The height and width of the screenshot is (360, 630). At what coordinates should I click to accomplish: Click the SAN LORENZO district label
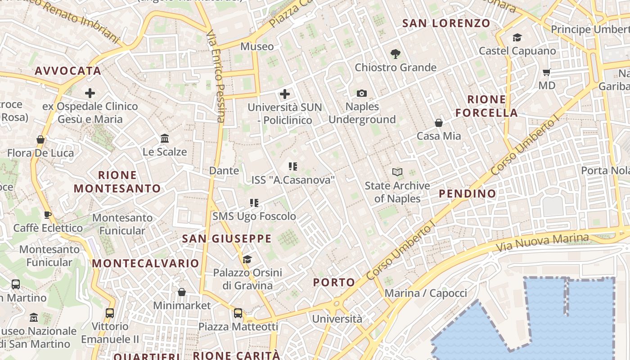tap(446, 23)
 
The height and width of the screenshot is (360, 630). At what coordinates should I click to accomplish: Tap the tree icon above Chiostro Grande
tap(396, 54)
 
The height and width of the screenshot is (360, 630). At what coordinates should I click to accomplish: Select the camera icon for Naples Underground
tap(361, 94)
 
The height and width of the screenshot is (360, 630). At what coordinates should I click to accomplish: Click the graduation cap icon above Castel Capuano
tap(517, 37)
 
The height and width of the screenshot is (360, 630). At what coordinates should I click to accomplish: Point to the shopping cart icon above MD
tap(547, 72)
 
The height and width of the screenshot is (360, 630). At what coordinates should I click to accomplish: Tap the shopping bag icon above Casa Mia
tap(438, 122)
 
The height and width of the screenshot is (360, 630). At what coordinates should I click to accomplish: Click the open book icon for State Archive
tap(397, 172)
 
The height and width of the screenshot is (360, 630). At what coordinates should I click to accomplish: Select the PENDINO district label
tap(467, 194)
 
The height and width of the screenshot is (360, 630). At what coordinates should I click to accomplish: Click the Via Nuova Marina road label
tap(542, 243)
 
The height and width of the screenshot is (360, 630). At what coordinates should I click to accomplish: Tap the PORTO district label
tap(334, 283)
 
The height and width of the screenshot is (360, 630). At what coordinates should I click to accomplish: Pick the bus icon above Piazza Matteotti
tap(238, 313)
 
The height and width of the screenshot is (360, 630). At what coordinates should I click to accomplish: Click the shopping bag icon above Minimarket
tap(182, 292)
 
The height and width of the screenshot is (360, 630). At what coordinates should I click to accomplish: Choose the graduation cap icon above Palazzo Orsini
tap(247, 259)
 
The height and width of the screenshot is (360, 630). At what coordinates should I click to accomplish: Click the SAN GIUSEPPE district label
tap(227, 239)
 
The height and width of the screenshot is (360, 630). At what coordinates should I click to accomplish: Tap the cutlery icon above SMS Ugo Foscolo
tap(254, 203)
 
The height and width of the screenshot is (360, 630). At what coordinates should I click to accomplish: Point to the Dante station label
tap(224, 171)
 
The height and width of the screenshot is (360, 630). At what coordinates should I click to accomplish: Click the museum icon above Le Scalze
tap(165, 138)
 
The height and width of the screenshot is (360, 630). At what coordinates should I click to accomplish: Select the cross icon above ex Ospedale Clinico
tap(90, 93)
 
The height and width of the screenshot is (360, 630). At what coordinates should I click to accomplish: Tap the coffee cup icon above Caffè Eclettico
tap(48, 215)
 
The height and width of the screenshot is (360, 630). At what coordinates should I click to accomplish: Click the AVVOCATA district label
tap(68, 71)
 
